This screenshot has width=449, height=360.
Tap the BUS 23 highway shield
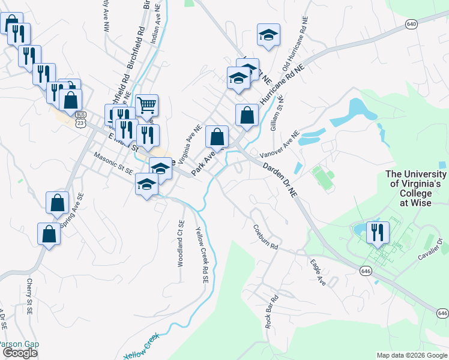point(80,118)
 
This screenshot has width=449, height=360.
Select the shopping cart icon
point(147,106)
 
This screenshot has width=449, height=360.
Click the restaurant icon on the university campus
point(378,232)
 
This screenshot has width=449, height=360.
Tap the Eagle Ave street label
point(318,272)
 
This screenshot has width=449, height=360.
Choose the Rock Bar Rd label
point(272,311)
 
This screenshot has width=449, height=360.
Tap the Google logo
point(20,353)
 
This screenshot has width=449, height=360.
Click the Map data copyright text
point(412,355)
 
